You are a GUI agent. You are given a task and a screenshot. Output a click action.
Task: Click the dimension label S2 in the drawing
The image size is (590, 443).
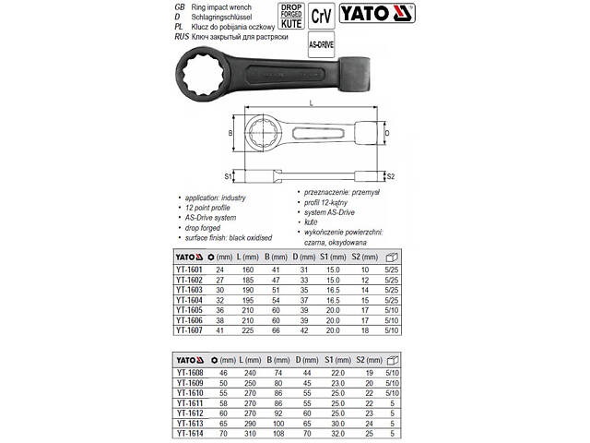[x=391, y=175]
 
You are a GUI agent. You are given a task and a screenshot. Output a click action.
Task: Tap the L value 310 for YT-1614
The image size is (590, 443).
[x=250, y=434]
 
